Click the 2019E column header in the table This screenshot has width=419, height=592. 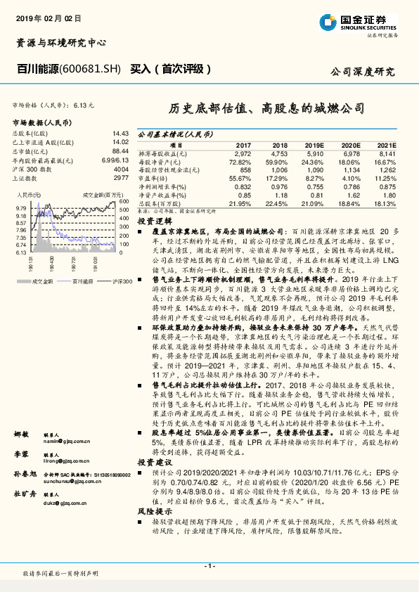point(314,143)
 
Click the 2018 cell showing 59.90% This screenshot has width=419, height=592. point(278,162)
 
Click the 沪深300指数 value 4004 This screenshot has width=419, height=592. point(121,169)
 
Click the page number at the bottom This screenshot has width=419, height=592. point(209,566)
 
